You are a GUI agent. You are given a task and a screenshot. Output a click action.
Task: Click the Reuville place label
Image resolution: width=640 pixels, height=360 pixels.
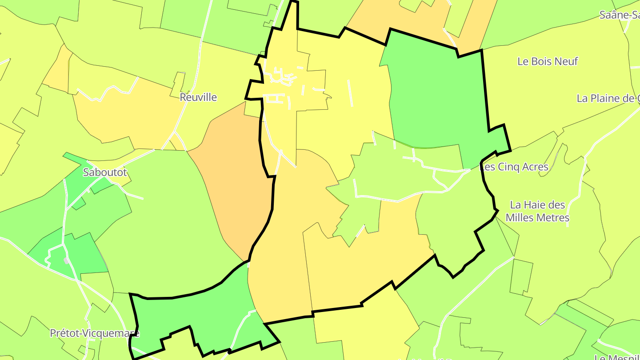click(x=198, y=97)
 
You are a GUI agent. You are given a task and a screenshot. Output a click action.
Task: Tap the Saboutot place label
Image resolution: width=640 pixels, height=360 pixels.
click(x=105, y=172)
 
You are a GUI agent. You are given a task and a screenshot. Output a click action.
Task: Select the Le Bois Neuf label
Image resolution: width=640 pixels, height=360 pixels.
click(x=548, y=61)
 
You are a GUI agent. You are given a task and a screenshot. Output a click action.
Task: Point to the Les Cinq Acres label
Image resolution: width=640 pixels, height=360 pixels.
click(x=514, y=167)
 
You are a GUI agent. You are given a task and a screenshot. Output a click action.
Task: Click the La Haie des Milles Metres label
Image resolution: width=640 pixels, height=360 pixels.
click(x=537, y=211)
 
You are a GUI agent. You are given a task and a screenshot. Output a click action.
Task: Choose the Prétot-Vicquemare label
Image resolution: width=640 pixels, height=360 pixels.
click(x=94, y=333)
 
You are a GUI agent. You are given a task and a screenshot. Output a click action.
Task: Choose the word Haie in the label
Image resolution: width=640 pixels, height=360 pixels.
click(x=534, y=205)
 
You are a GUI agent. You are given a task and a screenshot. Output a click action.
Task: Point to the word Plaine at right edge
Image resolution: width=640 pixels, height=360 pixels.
click(x=613, y=98)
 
